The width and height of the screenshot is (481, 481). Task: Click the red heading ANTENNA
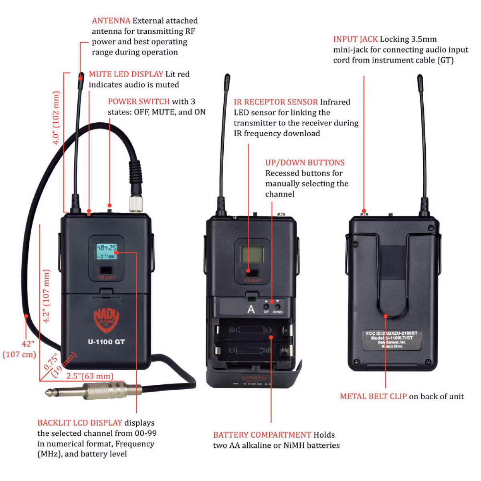(111, 20)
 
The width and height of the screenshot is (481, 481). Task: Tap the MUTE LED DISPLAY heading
(126, 74)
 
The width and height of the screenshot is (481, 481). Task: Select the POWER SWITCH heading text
(139, 101)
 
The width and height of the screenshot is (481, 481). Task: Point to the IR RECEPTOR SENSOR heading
(276, 102)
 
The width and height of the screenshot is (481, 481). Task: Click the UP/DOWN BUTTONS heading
(305, 163)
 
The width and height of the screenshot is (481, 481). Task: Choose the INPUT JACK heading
(356, 39)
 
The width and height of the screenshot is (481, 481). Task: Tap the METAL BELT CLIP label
(373, 396)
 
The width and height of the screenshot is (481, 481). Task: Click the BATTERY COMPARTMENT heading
(262, 435)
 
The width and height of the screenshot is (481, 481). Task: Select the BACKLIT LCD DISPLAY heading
(80, 423)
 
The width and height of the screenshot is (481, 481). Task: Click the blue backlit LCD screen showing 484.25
(106, 251)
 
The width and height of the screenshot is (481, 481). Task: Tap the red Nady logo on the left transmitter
(106, 319)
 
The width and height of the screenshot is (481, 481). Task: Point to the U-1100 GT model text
(106, 342)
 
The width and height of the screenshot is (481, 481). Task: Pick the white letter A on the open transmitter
(251, 309)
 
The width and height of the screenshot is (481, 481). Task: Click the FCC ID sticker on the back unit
(392, 340)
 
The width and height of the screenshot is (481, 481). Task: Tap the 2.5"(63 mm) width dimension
(90, 376)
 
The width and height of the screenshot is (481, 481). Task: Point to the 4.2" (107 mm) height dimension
(46, 296)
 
